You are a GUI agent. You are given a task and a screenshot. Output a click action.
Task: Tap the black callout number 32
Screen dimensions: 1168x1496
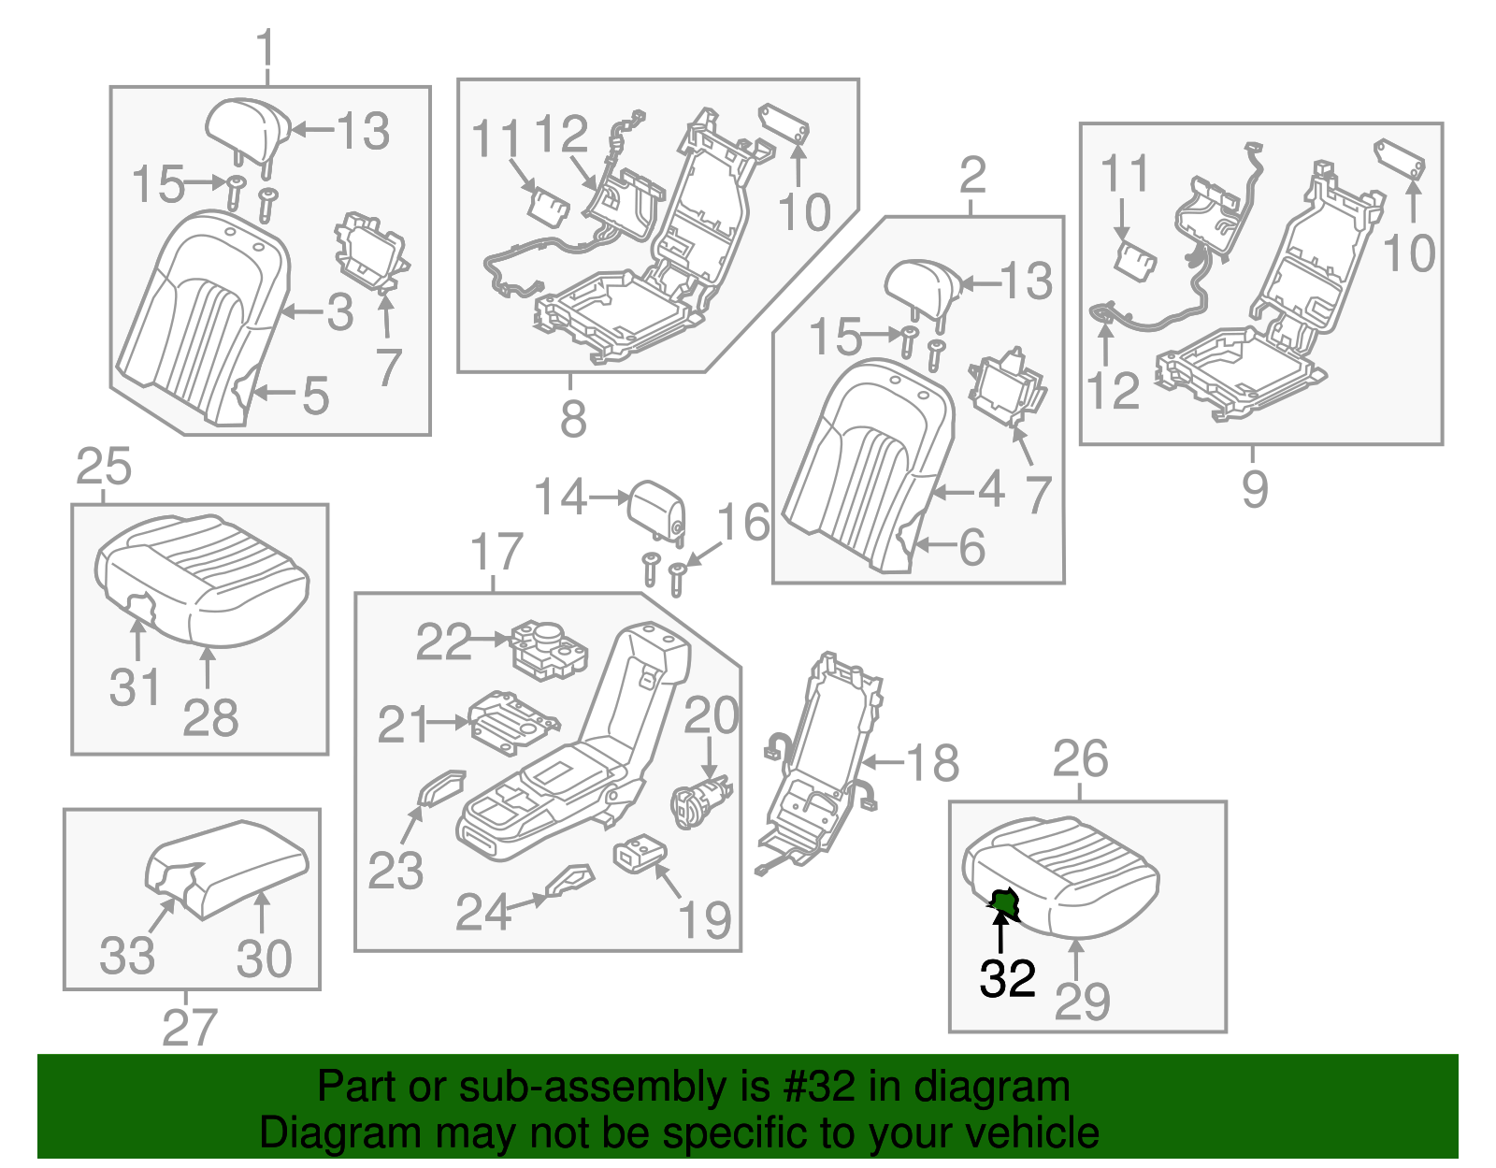click(1007, 979)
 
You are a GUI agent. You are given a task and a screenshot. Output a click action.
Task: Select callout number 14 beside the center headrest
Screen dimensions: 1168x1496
click(560, 497)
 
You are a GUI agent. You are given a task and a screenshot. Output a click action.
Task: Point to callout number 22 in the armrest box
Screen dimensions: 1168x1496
click(443, 642)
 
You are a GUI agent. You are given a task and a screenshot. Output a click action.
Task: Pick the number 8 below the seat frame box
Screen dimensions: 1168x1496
click(573, 420)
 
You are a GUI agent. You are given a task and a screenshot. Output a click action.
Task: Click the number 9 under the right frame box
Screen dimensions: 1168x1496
click(1255, 489)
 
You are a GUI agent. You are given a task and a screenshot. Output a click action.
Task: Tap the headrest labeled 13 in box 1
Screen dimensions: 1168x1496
click(245, 128)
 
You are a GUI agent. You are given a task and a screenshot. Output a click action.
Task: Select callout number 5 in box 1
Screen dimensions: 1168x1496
click(316, 397)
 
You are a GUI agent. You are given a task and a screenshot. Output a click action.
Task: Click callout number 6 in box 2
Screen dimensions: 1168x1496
click(972, 548)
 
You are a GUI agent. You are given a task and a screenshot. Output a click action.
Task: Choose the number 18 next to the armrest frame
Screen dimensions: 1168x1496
click(932, 763)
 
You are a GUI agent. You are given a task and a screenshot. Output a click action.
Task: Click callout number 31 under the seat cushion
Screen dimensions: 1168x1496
click(136, 688)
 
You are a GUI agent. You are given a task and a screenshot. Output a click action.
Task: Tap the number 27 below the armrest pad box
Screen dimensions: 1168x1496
click(190, 1028)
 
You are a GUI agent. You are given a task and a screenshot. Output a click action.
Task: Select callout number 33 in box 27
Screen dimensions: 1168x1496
click(127, 957)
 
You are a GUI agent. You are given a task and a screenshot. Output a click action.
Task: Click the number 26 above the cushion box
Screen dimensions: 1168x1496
click(1080, 759)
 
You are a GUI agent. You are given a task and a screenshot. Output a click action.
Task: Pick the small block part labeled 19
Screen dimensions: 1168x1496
click(640, 853)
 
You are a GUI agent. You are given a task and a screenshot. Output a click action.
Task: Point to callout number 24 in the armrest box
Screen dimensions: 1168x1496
click(482, 913)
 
